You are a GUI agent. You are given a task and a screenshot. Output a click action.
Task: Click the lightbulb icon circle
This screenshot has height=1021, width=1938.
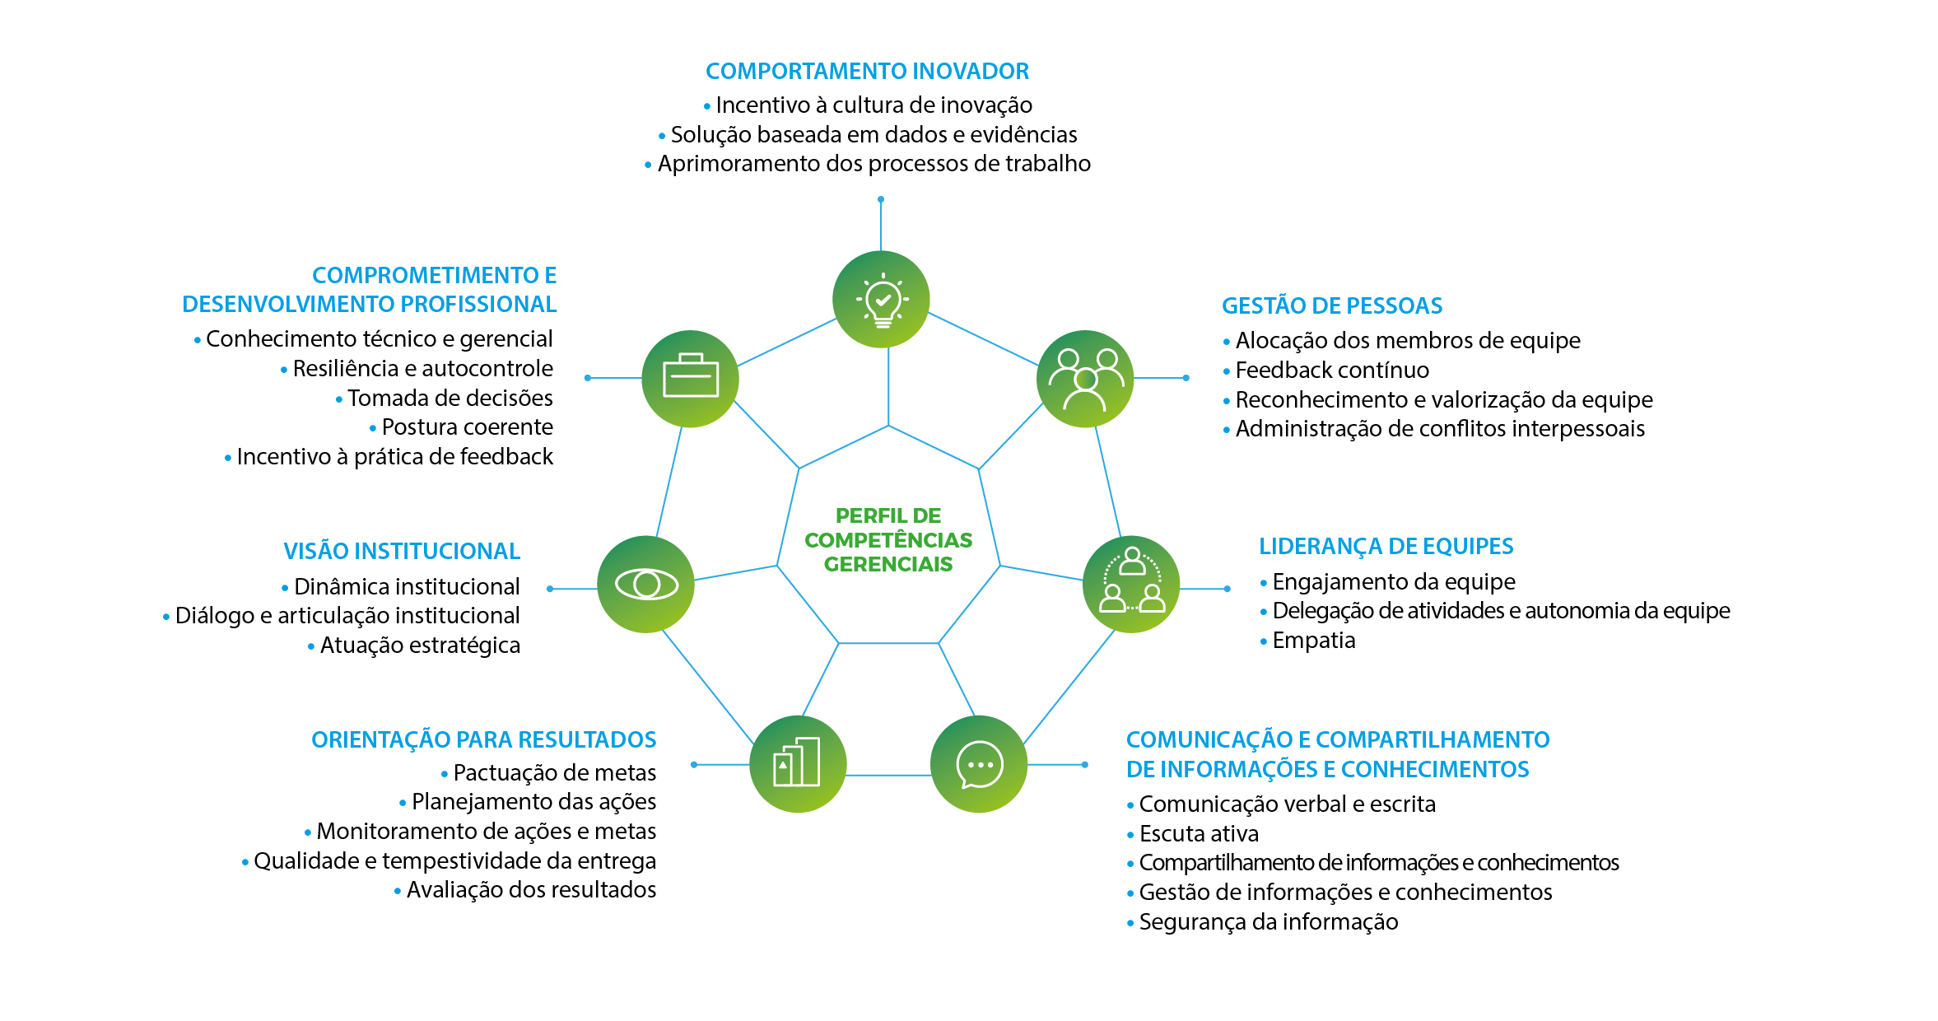point(881,299)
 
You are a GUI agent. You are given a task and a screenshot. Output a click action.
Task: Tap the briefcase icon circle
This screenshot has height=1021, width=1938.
point(690,378)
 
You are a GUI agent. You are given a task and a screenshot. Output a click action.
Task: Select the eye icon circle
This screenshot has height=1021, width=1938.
point(646,585)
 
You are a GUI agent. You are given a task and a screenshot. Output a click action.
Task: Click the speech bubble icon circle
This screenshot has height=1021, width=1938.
point(979,764)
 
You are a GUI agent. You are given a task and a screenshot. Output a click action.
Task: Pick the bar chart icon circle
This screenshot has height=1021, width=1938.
point(798,764)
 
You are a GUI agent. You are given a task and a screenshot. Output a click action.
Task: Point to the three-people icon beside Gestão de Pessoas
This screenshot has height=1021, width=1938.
point(1085,379)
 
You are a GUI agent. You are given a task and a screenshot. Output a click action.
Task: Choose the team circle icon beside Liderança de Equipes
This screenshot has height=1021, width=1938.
point(1131,585)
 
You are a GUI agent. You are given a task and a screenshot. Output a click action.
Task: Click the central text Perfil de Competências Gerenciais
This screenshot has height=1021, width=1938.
point(888,540)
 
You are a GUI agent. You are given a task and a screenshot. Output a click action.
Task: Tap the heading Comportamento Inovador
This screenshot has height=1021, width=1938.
point(867,72)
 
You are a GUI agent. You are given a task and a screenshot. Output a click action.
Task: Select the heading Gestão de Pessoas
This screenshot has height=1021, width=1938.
point(1331,306)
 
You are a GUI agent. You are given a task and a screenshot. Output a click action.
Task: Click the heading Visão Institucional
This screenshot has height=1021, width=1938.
point(402,552)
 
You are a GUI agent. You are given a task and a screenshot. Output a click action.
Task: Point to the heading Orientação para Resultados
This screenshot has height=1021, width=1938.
point(483,740)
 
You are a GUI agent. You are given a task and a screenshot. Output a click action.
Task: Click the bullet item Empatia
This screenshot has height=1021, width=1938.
point(1313,641)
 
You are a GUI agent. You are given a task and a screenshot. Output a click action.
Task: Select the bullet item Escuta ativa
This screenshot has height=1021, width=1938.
point(1199,834)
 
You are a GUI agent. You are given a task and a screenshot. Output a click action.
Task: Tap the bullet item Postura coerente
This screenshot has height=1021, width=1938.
point(467,427)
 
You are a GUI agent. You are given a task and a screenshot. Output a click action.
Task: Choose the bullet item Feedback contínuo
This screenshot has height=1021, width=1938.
point(1331,371)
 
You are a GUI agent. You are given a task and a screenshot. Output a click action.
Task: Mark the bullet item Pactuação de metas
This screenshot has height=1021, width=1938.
point(554,773)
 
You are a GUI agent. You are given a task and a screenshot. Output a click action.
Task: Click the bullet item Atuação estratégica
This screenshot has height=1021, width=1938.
point(420,646)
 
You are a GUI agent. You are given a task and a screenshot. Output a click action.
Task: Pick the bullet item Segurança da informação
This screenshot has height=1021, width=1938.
point(1268,922)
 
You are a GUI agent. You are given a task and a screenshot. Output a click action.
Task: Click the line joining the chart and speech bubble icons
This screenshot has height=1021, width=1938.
point(888,776)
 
